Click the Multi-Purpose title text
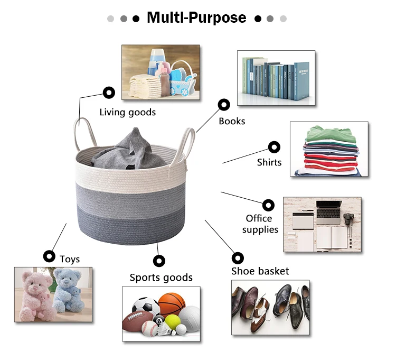[196, 17]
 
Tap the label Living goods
[128, 112]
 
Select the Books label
[232, 121]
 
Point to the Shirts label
[269, 162]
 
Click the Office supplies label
[259, 224]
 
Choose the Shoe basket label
[260, 271]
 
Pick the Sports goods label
[161, 278]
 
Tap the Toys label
[70, 259]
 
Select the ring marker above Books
[223, 105]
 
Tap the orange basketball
[172, 305]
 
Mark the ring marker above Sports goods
[159, 261]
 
